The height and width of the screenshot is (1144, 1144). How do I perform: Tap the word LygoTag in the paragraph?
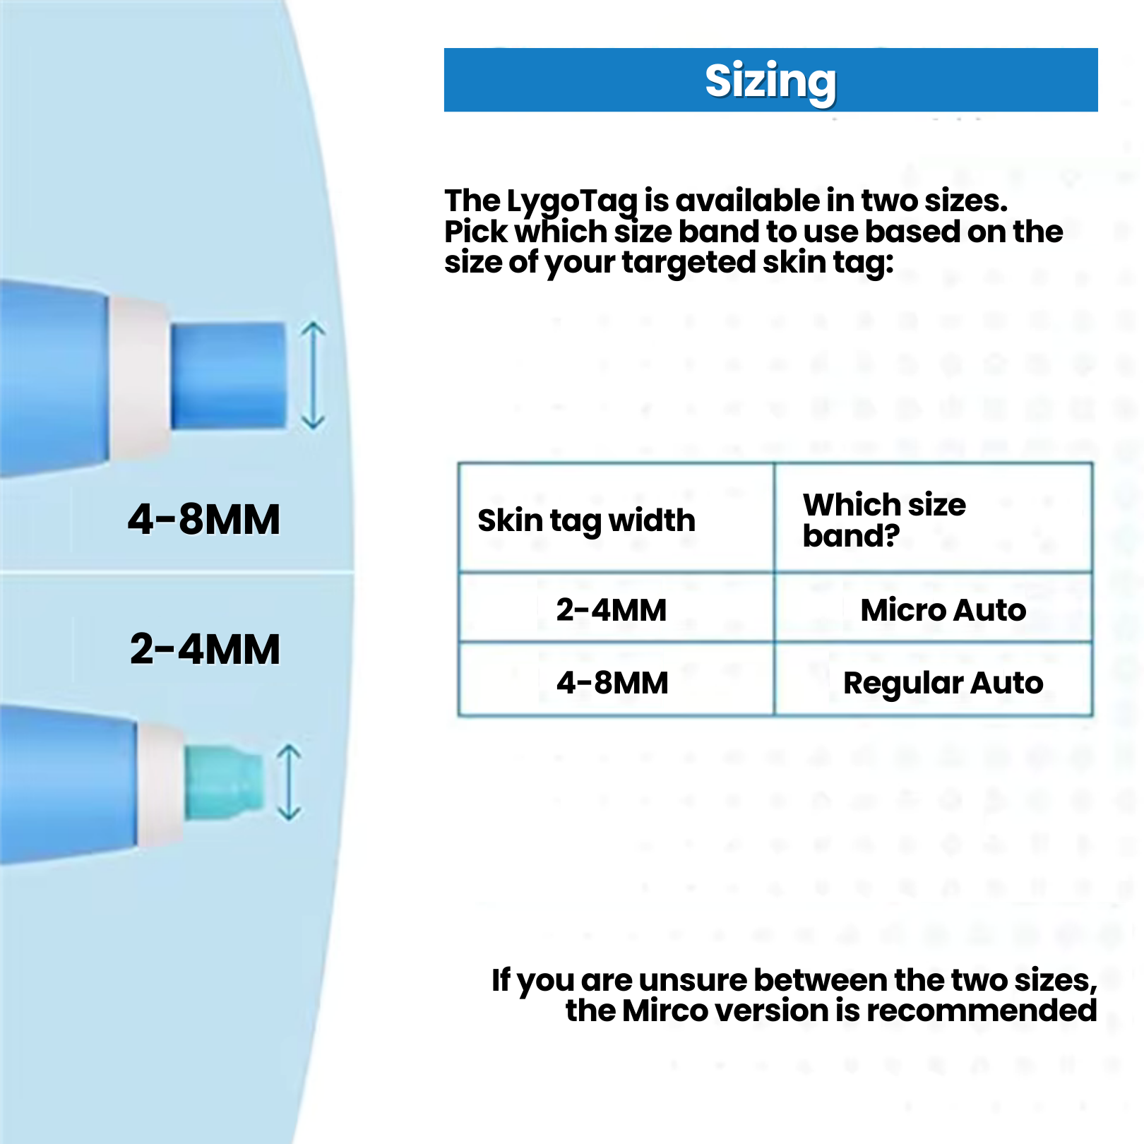pos(573,202)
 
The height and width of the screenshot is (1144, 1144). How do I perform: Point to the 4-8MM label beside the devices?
pos(204,520)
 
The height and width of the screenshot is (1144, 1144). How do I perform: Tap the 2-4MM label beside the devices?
pos(205,649)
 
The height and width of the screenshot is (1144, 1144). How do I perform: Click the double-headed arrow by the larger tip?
pos(313,376)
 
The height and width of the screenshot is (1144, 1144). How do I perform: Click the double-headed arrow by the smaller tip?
pos(289,782)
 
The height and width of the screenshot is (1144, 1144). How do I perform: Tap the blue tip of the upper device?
pos(229,376)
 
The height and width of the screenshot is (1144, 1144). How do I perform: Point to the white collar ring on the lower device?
pos(161,785)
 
